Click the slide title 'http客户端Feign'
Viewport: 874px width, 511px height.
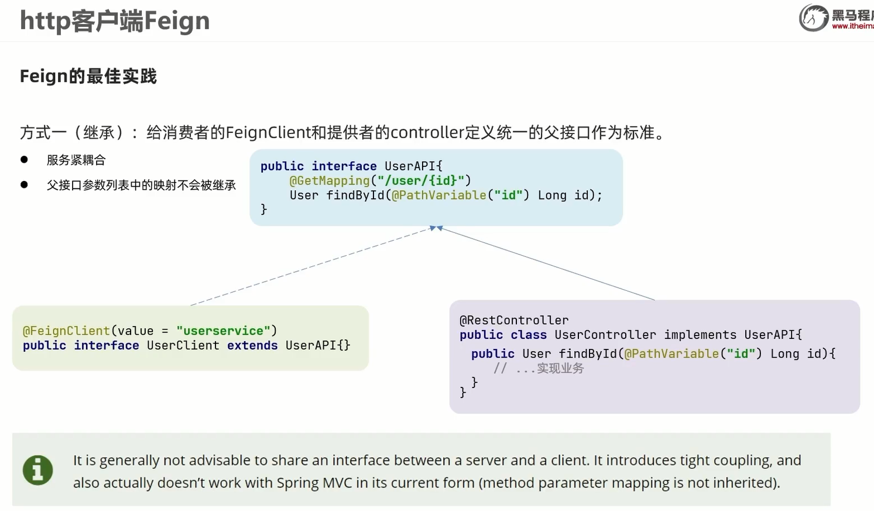pyautogui.click(x=115, y=21)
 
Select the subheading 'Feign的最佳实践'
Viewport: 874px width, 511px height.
pyautogui.click(x=88, y=76)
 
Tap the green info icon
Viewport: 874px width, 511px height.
pyautogui.click(x=37, y=470)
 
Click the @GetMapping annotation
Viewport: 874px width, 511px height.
pyautogui.click(x=330, y=181)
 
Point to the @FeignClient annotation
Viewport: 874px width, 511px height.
pyautogui.click(x=66, y=331)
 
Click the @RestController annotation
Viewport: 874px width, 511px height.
pyautogui.click(x=514, y=320)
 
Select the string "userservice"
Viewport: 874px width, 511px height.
pyautogui.click(x=223, y=331)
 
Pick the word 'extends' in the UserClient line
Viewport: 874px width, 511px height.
pyautogui.click(x=252, y=345)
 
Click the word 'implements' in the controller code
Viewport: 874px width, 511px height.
pyautogui.click(x=700, y=335)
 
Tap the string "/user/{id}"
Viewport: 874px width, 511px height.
pyautogui.click(x=421, y=181)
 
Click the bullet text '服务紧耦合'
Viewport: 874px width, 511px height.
pyautogui.click(x=76, y=160)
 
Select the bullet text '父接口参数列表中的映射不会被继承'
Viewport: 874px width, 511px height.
pyautogui.click(x=141, y=186)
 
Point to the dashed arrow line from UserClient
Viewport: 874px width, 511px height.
pyautogui.click(x=310, y=266)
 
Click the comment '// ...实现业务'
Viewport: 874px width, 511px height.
pyautogui.click(x=539, y=368)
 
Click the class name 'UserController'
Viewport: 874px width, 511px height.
pyautogui.click(x=605, y=335)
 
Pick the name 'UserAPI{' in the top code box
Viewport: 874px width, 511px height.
pyautogui.click(x=413, y=166)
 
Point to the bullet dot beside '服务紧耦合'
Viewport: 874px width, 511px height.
pyautogui.click(x=24, y=159)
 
